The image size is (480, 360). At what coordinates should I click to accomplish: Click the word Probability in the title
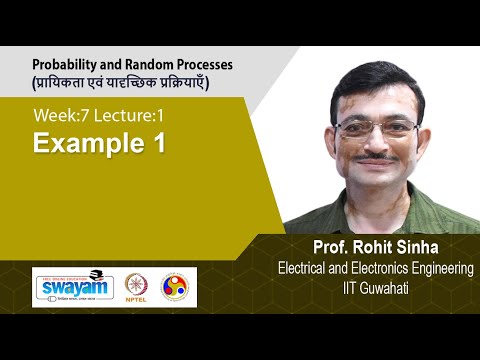click(64, 62)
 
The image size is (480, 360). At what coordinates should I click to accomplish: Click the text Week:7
click(61, 117)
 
